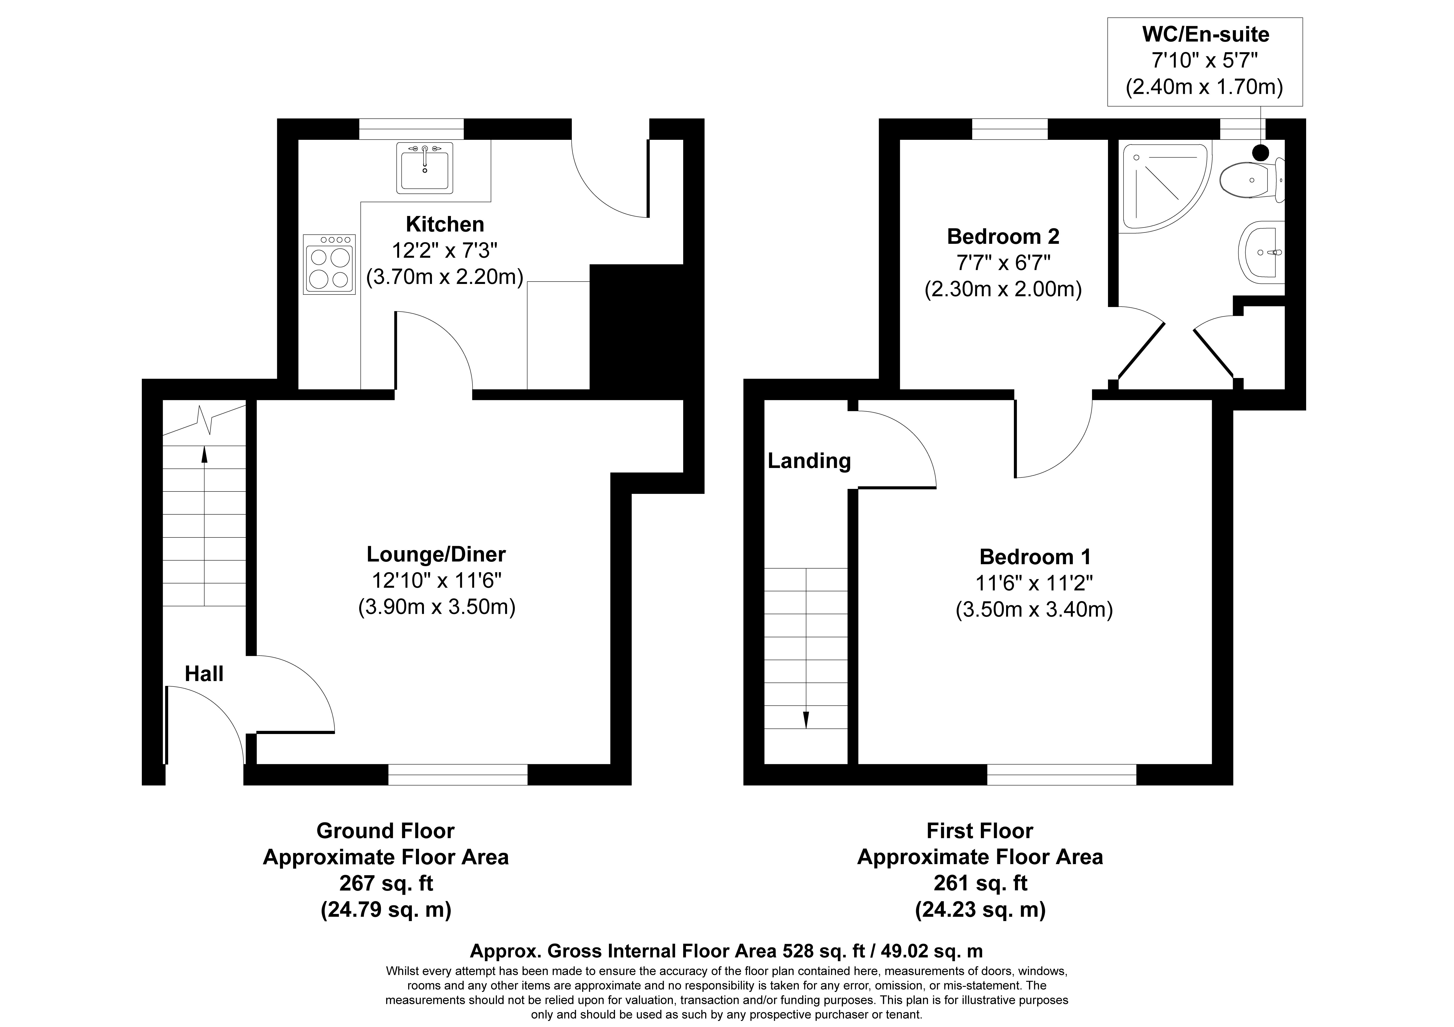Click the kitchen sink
coord(425,168)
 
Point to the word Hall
coord(204,674)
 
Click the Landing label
coord(809,461)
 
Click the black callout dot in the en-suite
coord(1261,152)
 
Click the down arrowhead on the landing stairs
coord(806,720)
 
